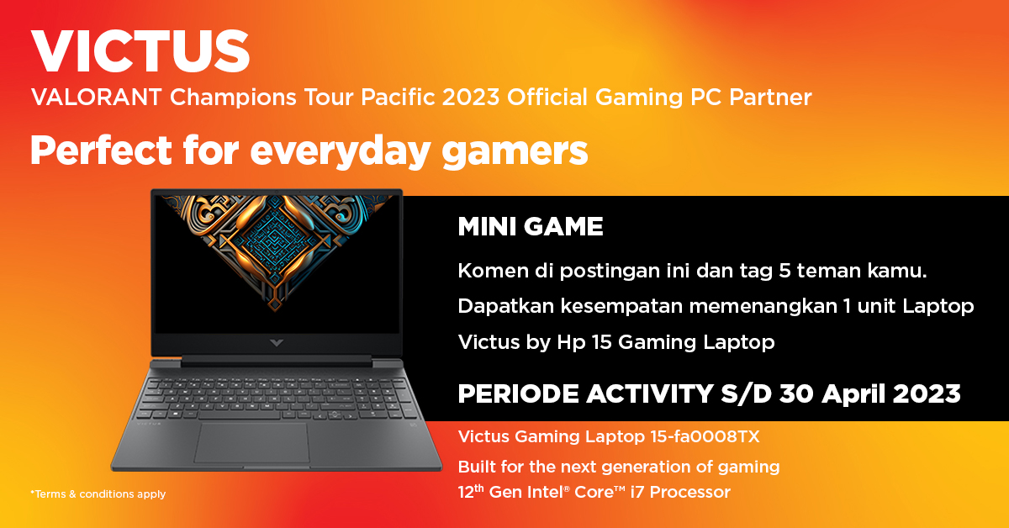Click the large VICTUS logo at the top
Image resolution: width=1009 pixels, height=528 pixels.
click(140, 52)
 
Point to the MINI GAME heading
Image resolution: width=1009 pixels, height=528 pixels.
click(531, 227)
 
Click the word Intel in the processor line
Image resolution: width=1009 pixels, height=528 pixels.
click(548, 492)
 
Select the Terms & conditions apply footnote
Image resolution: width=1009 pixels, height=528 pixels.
click(98, 494)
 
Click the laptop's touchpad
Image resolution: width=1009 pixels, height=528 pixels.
click(250, 441)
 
